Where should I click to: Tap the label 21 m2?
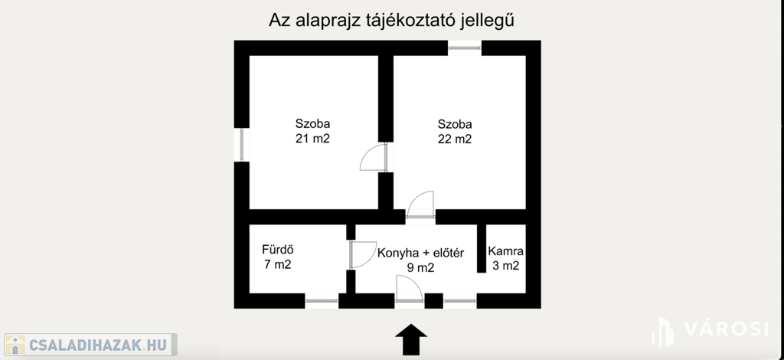[x=313, y=139]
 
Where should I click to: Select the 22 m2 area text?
[x=455, y=139]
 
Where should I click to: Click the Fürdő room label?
[x=278, y=250]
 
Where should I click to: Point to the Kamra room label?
[x=505, y=250]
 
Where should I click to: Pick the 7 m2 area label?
[x=277, y=265]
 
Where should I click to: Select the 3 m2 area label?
[x=505, y=266]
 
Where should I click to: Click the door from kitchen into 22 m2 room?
[x=421, y=205]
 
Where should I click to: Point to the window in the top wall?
[x=464, y=48]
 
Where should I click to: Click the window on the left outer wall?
[x=241, y=144]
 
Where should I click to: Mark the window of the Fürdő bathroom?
[x=322, y=301]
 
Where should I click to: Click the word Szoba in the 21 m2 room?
[x=312, y=123]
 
